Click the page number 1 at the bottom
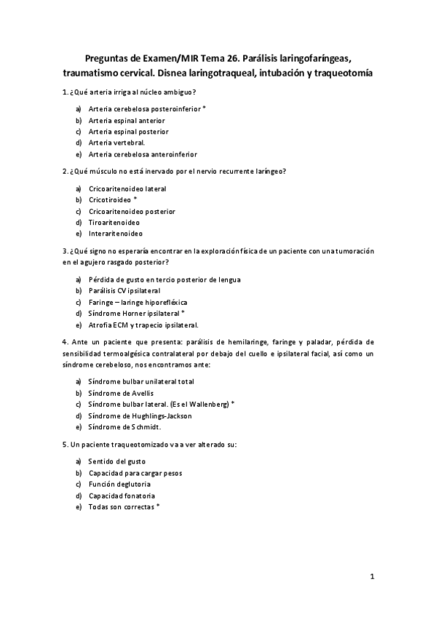pyautogui.click(x=372, y=578)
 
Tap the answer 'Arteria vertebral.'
pyautogui.click(x=116, y=143)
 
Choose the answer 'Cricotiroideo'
pyautogui.click(x=113, y=199)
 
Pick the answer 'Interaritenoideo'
pyautogui.click(x=115, y=234)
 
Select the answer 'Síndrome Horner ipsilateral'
pyautogui.click(x=135, y=313)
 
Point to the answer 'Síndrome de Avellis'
pyautogui.click(x=120, y=393)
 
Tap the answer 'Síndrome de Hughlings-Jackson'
pyautogui.click(x=140, y=415)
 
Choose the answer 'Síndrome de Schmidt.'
pyautogui.click(x=124, y=427)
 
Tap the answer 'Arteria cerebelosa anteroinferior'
pyautogui.click(x=143, y=154)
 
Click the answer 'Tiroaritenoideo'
pyautogui.click(x=114, y=222)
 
